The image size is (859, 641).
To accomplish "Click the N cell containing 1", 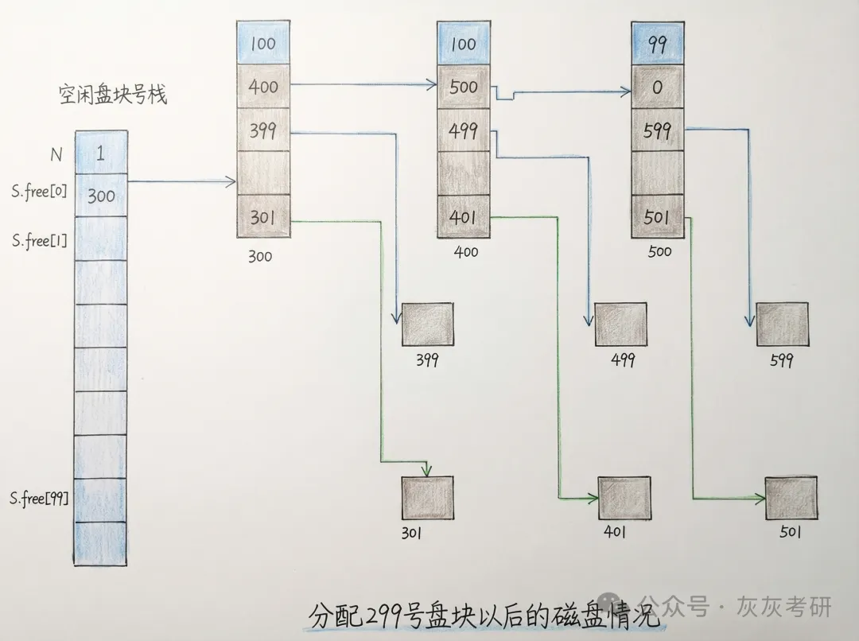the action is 101,153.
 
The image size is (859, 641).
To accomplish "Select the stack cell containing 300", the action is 101,195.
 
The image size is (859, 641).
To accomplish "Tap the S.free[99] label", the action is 38,499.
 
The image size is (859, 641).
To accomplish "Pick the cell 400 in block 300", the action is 263,85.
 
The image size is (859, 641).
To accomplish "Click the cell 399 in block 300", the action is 263,130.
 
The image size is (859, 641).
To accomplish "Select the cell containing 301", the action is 263,216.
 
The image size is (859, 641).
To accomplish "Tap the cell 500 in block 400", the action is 463,85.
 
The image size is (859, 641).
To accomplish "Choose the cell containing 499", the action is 463,130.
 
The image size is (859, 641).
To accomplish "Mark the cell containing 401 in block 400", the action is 463,216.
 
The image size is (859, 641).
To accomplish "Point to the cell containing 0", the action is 657,86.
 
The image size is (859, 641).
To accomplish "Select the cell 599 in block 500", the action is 657,130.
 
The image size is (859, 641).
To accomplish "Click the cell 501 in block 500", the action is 657,216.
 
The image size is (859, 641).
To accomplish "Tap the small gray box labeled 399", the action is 427,324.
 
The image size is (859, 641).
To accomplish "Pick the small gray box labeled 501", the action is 791,498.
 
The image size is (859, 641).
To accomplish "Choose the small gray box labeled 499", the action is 620,324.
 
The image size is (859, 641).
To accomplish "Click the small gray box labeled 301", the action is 427,498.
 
